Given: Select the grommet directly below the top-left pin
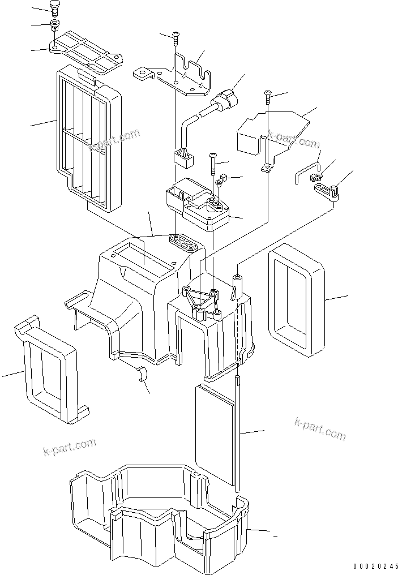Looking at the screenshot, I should (55, 25).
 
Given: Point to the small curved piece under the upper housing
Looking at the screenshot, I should (141, 374).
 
